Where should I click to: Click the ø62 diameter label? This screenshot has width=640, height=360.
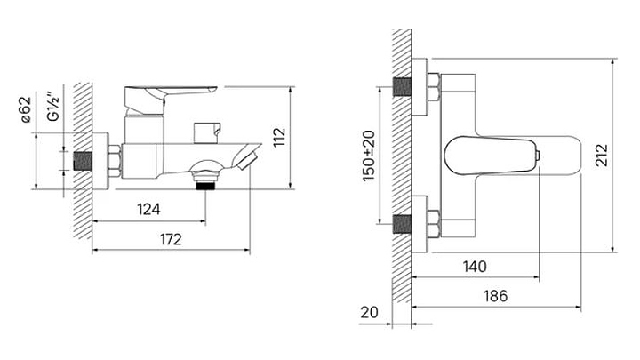[x=25, y=109]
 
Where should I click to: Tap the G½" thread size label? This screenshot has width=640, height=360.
[x=53, y=107]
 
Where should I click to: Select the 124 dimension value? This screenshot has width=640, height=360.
[x=148, y=210]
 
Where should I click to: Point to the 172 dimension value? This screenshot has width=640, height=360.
[x=170, y=239]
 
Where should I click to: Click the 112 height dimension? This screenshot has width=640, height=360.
[x=280, y=138]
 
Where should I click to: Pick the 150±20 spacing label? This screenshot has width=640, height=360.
[x=369, y=156]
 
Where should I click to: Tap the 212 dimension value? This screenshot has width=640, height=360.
[x=601, y=156]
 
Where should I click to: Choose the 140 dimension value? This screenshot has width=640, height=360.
[x=475, y=267]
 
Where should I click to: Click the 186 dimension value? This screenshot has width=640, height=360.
[x=495, y=296]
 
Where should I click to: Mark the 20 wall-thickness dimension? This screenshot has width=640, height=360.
[x=370, y=312]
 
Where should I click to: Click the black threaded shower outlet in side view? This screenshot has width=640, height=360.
[x=205, y=186]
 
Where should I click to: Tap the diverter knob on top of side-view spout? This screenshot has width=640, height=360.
[x=207, y=132]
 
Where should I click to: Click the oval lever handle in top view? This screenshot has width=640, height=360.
[x=491, y=156]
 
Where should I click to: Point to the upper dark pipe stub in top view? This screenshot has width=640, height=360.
[x=402, y=87]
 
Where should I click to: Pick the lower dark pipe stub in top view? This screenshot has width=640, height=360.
[x=402, y=224]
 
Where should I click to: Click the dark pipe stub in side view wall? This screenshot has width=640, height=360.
[x=84, y=161]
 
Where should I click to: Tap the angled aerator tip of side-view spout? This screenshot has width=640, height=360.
[x=246, y=160]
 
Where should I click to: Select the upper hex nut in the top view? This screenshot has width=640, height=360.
[x=434, y=87]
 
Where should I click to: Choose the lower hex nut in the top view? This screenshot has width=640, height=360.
[x=434, y=224]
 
